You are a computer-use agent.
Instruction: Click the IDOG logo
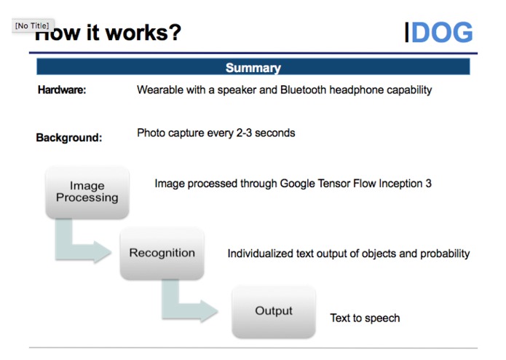point(439,33)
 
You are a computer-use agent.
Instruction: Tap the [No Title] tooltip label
point(31,26)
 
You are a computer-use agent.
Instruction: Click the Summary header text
point(253,68)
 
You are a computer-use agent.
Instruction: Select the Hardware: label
point(62,90)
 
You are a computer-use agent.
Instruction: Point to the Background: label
point(69,137)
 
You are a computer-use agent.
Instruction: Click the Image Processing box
point(87,192)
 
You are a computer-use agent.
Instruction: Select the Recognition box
point(162,253)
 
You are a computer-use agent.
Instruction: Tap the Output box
point(274,311)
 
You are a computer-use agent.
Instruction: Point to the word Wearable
point(159,90)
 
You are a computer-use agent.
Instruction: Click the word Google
point(299,184)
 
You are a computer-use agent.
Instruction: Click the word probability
point(445,254)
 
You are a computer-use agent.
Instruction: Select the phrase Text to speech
point(365,318)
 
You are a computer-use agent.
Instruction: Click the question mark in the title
point(174,33)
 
